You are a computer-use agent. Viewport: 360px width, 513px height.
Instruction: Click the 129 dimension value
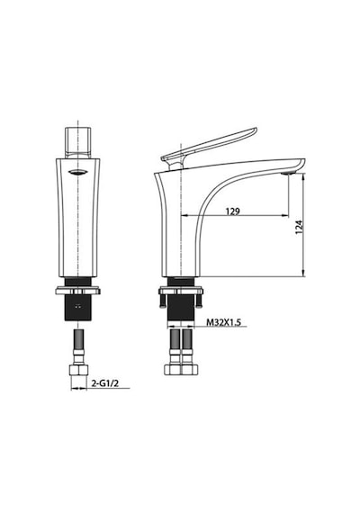pyautogui.click(x=233, y=211)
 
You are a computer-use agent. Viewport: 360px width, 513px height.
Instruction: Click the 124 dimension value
pyautogui.click(x=299, y=227)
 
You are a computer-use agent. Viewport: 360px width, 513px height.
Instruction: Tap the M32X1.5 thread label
pyautogui.click(x=223, y=322)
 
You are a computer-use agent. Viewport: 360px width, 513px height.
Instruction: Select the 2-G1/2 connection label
pyautogui.click(x=104, y=383)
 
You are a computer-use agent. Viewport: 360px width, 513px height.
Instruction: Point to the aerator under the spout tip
pyautogui.click(x=289, y=173)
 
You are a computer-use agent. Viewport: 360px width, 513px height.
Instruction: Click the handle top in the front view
pyautogui.click(x=78, y=142)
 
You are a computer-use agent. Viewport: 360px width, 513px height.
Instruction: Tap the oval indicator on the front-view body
pyautogui.click(x=77, y=173)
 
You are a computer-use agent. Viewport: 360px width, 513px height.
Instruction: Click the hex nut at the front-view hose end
pyautogui.click(x=79, y=371)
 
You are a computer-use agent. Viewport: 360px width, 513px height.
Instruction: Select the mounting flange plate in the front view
pyautogui.click(x=78, y=291)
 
